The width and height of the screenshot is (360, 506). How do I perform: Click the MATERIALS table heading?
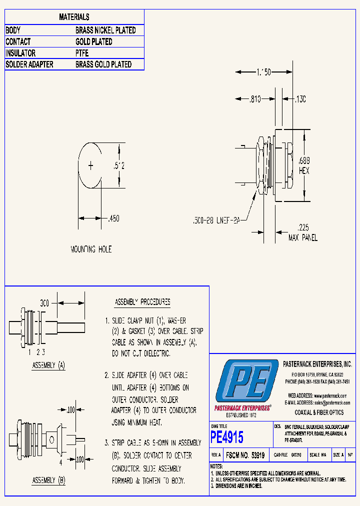tap(74, 17)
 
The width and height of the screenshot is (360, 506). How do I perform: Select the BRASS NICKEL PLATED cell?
tap(105, 30)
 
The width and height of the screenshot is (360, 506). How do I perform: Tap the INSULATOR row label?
tap(20, 53)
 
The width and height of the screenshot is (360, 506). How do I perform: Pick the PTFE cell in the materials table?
tap(82, 53)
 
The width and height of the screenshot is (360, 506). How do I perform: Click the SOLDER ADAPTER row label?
tap(29, 64)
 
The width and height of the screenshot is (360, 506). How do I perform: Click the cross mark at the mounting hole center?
tap(90, 165)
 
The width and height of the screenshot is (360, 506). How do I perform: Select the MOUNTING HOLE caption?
tap(91, 249)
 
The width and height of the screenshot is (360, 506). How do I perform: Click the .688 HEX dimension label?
tap(303, 165)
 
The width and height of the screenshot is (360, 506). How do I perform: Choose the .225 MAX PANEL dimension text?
tap(303, 233)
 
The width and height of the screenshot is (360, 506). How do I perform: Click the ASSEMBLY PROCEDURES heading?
tap(142, 302)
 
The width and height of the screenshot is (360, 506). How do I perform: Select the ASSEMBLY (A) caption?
tap(48, 365)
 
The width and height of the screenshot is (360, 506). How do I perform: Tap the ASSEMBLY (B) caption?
tap(48, 480)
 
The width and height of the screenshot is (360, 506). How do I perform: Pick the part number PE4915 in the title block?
tap(227, 437)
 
